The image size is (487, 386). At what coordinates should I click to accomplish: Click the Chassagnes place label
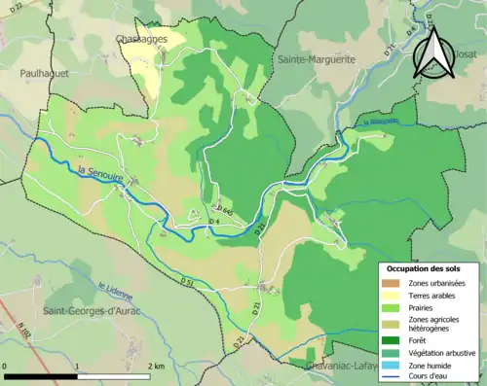[x=140, y=39]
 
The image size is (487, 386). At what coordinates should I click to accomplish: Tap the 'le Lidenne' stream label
[x=115, y=288]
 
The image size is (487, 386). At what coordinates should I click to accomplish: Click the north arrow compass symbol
[x=434, y=53]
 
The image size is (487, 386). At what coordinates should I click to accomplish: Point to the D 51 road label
[x=187, y=280]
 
